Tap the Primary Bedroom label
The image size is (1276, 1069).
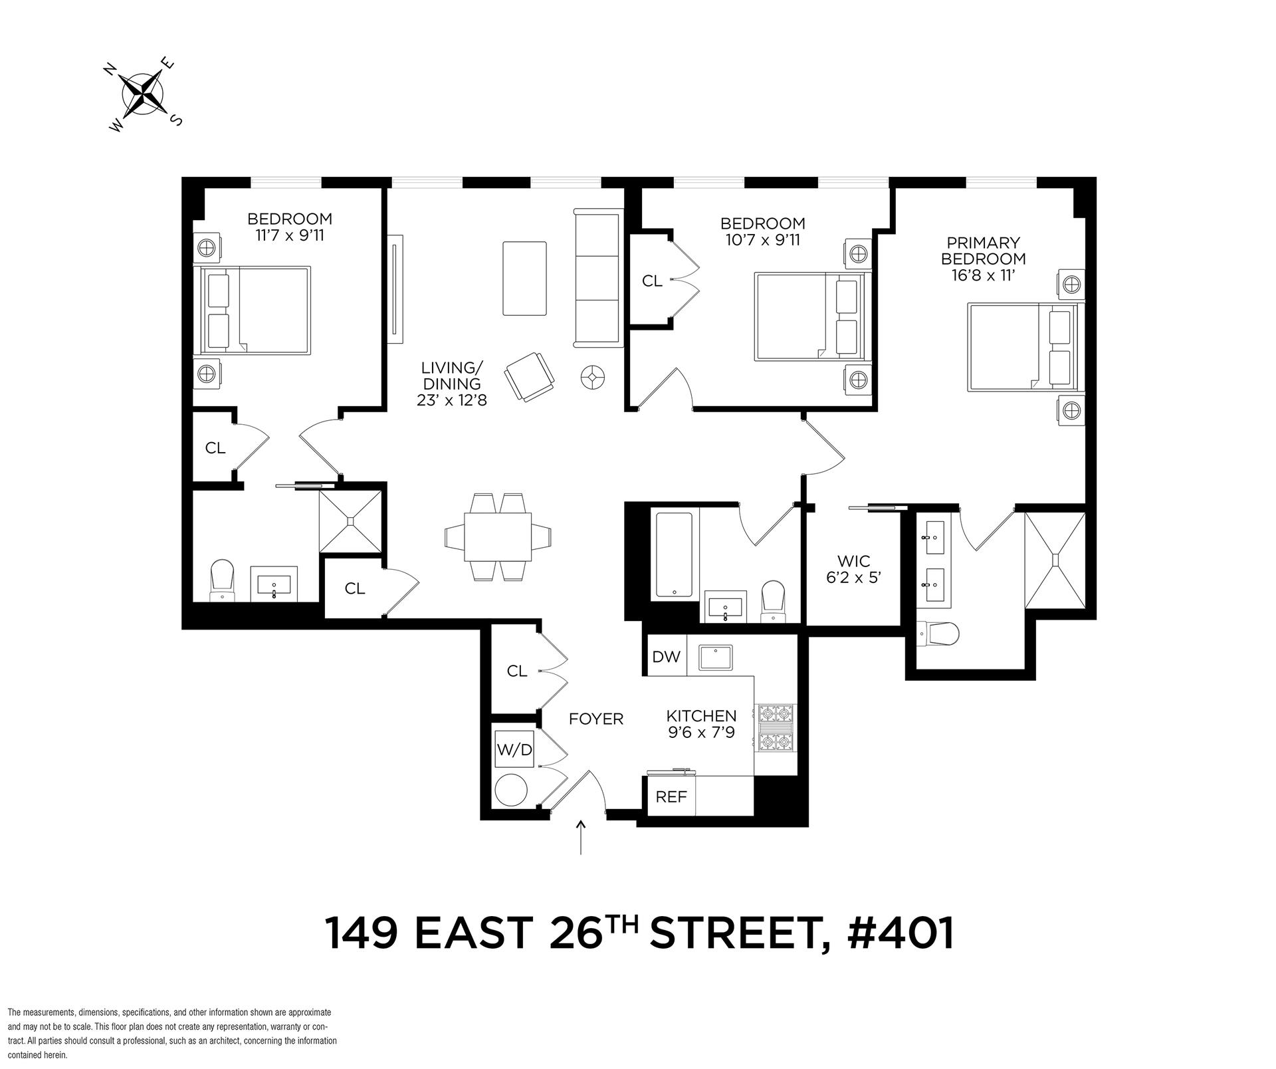(983, 259)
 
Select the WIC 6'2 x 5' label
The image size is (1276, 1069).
(853, 569)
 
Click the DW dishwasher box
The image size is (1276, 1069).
(666, 656)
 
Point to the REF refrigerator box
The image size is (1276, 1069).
(671, 796)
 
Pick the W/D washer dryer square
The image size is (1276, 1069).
(514, 750)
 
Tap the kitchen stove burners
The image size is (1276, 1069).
(776, 727)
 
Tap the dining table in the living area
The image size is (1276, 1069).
(498, 536)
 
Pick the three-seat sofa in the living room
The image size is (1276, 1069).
(598, 278)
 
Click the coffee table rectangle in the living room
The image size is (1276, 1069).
(525, 278)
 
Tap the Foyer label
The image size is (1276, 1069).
(596, 719)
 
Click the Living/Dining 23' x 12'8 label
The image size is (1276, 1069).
(451, 384)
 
